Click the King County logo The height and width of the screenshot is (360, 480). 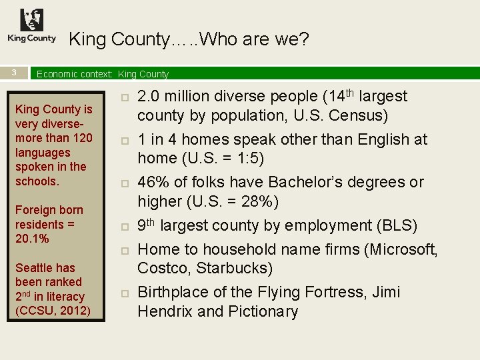tap(31, 26)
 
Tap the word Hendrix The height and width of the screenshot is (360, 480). tap(165, 311)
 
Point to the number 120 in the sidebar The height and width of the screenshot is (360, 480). tap(82, 138)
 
